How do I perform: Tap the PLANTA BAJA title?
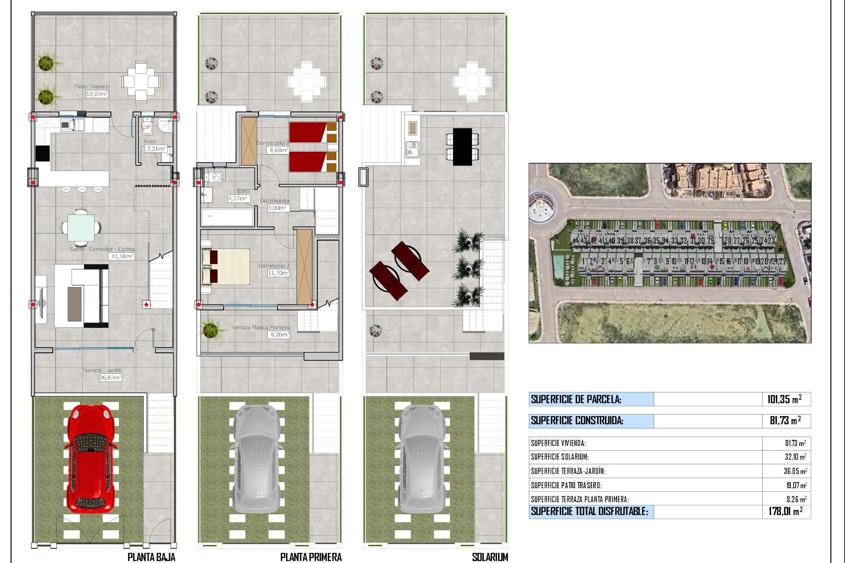[151, 557]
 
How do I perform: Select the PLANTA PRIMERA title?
[311, 557]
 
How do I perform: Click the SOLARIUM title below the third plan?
[489, 557]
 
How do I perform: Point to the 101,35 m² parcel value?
[784, 399]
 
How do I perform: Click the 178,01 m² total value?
[785, 511]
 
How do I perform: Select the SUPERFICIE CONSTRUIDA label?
[577, 420]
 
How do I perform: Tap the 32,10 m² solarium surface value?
[795, 457]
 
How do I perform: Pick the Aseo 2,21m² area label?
[154, 146]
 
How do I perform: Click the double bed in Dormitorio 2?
[226, 266]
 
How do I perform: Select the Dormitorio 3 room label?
[273, 143]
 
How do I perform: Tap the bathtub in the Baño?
[228, 217]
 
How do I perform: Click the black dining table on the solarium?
[462, 146]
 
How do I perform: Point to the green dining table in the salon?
[81, 227]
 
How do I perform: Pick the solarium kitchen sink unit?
[412, 150]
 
